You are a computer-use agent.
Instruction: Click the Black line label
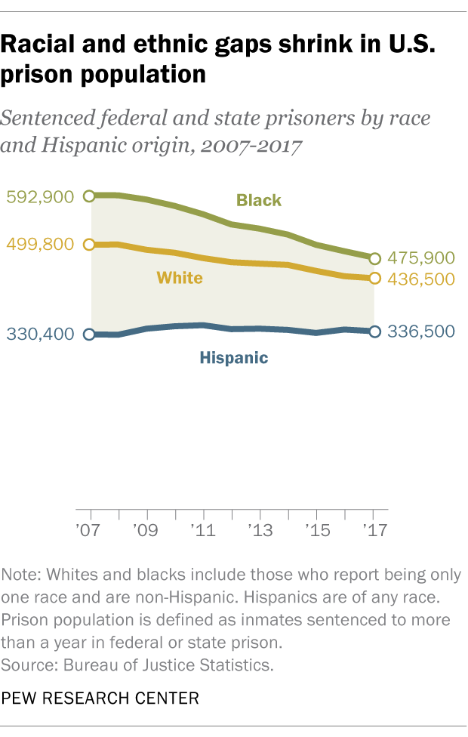[x=259, y=200]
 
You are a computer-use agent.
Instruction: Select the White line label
[x=180, y=278]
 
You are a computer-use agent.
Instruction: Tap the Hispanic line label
[x=234, y=358]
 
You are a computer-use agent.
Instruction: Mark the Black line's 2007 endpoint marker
[x=91, y=196]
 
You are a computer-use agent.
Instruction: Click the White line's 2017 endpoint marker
[x=375, y=279]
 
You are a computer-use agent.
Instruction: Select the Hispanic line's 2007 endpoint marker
[x=91, y=335]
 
